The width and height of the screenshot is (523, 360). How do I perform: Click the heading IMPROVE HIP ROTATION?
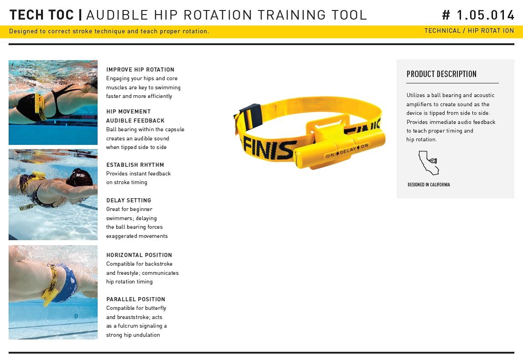click(140, 69)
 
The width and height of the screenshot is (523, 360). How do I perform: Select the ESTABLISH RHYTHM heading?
click(135, 165)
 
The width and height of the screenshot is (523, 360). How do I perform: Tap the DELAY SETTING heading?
click(129, 200)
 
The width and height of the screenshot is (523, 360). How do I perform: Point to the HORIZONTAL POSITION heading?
click(139, 255)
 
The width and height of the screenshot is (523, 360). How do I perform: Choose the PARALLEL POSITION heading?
click(136, 299)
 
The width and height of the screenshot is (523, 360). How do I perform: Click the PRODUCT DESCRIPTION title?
click(441, 74)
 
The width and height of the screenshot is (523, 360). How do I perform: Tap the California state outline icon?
click(429, 163)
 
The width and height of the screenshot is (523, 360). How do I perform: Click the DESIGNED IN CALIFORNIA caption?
click(429, 185)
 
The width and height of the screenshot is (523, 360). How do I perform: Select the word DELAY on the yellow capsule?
click(348, 151)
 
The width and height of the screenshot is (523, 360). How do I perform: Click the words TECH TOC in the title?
click(41, 15)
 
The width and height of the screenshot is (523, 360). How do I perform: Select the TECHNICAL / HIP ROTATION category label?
click(469, 31)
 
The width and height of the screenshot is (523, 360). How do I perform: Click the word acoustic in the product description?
click(484, 95)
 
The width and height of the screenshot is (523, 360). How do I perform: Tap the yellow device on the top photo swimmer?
click(40, 106)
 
